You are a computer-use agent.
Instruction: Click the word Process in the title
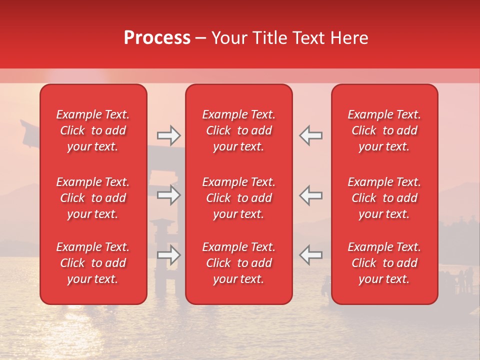157,38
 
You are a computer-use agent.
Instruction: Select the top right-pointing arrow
169,135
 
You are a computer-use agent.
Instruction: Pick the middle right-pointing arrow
169,195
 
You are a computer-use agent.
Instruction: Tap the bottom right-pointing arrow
169,255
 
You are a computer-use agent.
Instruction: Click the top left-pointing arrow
311,135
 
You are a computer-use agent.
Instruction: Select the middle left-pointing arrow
311,195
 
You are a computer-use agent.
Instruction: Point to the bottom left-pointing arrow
311,255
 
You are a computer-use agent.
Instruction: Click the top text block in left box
93,130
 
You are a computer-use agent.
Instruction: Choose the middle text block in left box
93,198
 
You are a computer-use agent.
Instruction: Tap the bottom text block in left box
93,263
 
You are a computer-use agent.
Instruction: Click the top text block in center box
239,130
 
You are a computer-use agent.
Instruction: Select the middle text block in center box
239,198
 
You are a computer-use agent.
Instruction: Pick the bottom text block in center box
239,263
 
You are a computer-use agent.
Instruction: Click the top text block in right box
384,130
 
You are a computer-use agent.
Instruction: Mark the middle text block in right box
384,198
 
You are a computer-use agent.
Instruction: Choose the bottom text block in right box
384,263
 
